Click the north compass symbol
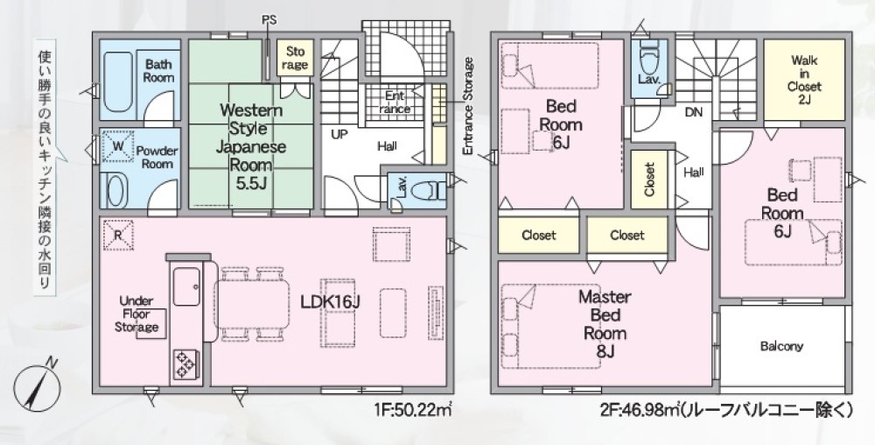click(x=37, y=388)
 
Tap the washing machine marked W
click(x=118, y=146)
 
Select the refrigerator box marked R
click(x=118, y=235)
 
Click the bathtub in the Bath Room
click(x=117, y=82)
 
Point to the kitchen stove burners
click(x=184, y=364)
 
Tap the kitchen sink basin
click(x=185, y=286)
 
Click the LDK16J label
click(x=331, y=302)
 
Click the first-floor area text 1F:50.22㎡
click(x=413, y=412)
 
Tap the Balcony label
click(x=781, y=346)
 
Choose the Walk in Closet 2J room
click(x=804, y=80)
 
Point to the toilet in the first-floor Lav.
click(x=426, y=190)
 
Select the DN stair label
click(x=694, y=112)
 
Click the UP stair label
click(x=339, y=135)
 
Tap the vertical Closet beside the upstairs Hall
click(x=649, y=180)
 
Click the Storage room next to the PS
click(x=295, y=58)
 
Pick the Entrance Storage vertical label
click(x=467, y=106)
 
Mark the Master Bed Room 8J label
click(x=605, y=324)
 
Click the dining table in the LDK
click(x=252, y=304)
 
